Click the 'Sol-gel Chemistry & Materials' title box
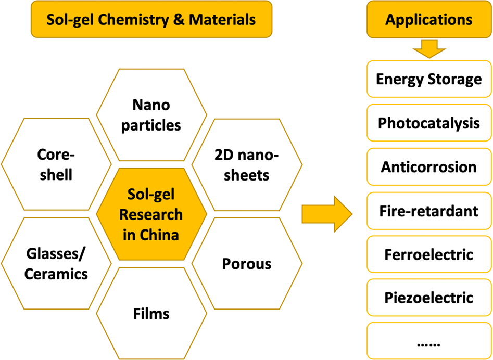(151, 20)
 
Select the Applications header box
(428, 20)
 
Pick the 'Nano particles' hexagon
(151, 115)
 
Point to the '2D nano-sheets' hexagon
(247, 164)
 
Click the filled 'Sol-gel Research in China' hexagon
(151, 214)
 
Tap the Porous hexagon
(247, 264)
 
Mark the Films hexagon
(151, 314)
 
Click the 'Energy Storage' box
(428, 79)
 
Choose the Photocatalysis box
(428, 123)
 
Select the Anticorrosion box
(428, 167)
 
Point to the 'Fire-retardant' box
(428, 211)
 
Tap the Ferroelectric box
(428, 254)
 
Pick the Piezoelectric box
(428, 298)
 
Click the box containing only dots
(428, 342)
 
